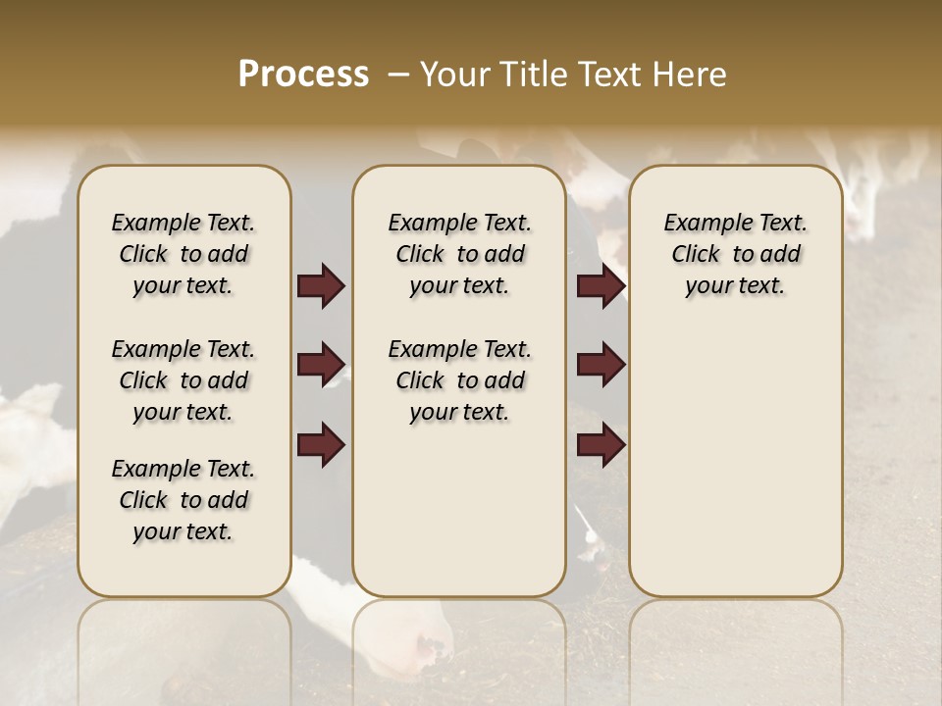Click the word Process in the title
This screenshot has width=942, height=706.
[x=303, y=75]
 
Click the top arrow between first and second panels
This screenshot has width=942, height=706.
[x=321, y=286]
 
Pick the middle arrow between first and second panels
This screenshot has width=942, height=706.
[x=321, y=365]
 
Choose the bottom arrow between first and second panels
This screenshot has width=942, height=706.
[x=321, y=445]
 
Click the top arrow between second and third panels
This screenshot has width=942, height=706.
[x=601, y=286]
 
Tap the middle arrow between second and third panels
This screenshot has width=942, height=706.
[x=601, y=365]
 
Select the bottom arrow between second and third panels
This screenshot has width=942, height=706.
[x=601, y=445]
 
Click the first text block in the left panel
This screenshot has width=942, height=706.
[x=183, y=254]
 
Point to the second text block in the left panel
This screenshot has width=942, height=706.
[x=183, y=380]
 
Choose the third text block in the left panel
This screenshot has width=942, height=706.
[x=183, y=500]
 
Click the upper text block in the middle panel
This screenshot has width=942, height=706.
[x=459, y=254]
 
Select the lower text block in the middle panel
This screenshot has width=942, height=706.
[x=459, y=380]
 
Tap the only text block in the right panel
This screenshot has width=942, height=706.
[x=735, y=254]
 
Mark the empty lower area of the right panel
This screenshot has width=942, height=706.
[x=735, y=451]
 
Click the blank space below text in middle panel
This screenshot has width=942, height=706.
[x=459, y=510]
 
